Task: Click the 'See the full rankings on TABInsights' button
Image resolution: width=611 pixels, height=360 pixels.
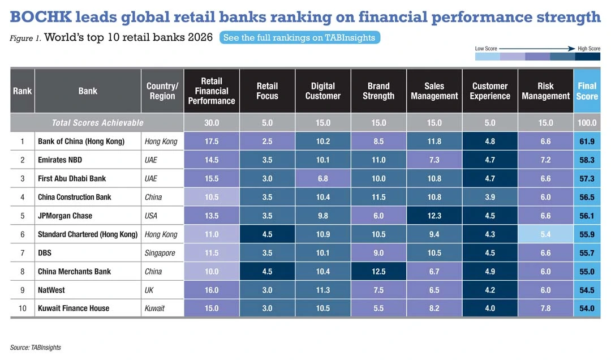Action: (299, 38)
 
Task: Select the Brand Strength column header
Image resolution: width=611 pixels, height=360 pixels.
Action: (378, 91)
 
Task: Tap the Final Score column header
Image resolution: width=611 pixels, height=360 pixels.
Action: (587, 91)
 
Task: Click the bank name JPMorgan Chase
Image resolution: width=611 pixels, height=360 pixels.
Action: (65, 216)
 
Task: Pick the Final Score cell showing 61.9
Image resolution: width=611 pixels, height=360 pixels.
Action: (587, 142)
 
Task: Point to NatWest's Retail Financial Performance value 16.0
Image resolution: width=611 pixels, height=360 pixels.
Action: (212, 290)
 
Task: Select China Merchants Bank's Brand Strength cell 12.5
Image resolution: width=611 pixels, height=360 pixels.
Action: (378, 271)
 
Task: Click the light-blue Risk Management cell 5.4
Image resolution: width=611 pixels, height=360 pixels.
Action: (545, 234)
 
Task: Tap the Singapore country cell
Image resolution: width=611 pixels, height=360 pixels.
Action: (161, 253)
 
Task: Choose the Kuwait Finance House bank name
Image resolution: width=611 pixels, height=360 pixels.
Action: (73, 308)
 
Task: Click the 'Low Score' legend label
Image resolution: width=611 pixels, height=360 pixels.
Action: (486, 49)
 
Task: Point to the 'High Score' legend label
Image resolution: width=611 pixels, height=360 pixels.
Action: (588, 49)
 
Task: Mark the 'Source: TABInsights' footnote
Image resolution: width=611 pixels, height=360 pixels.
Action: (35, 348)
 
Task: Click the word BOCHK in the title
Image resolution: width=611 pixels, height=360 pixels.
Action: (41, 17)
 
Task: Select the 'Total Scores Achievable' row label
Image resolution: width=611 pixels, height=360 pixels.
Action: (97, 123)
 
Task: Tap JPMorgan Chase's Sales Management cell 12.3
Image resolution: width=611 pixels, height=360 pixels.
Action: (434, 216)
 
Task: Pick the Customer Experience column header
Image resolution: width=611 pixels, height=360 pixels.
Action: (490, 91)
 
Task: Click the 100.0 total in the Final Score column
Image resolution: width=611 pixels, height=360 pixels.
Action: (587, 123)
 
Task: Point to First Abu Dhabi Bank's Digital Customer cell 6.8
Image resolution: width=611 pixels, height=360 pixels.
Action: (322, 178)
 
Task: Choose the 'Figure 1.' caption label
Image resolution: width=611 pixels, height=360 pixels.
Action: (25, 38)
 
